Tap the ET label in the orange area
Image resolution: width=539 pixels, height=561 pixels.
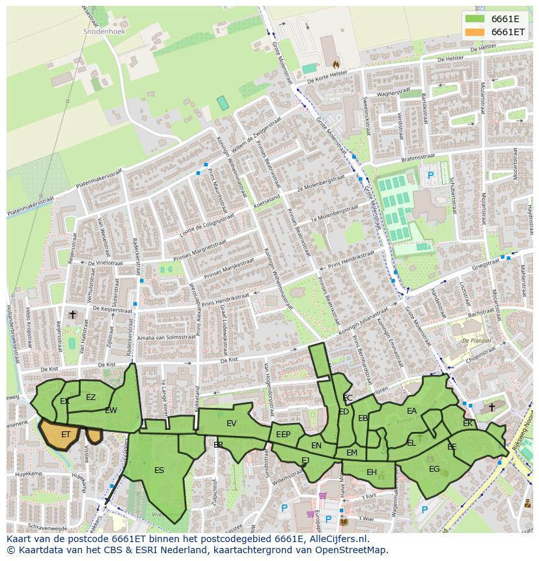coord(66,435)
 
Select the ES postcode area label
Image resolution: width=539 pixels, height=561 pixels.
coord(159,470)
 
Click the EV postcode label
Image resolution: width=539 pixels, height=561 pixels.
coord(231,424)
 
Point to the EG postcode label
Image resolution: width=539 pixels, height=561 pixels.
coord(434,469)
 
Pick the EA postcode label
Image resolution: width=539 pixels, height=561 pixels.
coord(411,411)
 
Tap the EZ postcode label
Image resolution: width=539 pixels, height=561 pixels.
coord(90,397)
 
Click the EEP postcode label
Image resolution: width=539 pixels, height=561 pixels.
coord(283,435)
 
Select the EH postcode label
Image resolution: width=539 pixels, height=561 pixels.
coord(371,472)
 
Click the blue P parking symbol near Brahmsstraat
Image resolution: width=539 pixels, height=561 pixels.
coord(430,175)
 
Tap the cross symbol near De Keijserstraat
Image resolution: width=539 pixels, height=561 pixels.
coord(73,315)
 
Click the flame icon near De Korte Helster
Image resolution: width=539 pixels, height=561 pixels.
coord(336,65)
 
